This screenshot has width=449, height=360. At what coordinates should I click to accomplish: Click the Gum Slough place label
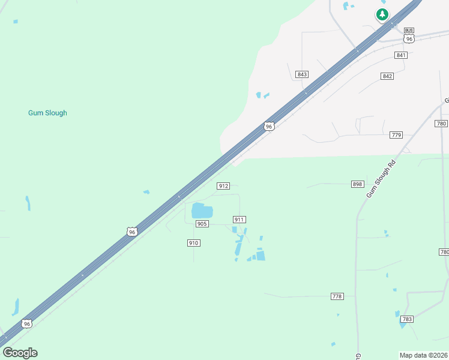47,113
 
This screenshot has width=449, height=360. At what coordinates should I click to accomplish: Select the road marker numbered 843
302,74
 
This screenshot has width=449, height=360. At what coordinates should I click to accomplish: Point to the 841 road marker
401,55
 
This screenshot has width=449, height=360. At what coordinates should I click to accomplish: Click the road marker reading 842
387,76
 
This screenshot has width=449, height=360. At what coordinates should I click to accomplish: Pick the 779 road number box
396,135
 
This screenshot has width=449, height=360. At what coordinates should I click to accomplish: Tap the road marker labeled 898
358,184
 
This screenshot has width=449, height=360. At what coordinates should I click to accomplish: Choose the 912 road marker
223,186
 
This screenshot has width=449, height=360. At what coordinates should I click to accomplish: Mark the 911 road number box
240,220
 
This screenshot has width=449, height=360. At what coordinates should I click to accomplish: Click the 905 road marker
202,224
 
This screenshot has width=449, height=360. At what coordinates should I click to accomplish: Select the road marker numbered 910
193,243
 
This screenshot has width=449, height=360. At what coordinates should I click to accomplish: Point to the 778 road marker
337,296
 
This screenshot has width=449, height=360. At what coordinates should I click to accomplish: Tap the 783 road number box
407,319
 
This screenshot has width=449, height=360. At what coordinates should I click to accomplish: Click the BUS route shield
409,30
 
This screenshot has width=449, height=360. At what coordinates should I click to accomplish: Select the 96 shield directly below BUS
409,38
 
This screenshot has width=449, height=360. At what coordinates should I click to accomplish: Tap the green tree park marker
382,14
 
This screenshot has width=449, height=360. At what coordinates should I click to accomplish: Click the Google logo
20,353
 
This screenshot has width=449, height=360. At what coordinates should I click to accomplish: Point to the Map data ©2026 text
423,355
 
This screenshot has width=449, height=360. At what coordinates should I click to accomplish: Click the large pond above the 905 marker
202,211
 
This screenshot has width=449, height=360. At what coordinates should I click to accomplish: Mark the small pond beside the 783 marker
397,314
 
